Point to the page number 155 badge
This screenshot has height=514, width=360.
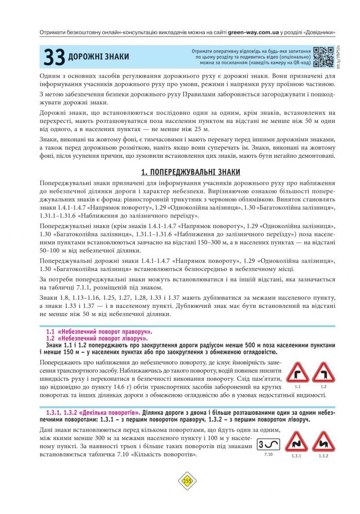[x=187, y=481]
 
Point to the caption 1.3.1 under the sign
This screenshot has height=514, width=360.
[x=296, y=456]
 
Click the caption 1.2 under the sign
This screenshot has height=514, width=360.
[x=323, y=386]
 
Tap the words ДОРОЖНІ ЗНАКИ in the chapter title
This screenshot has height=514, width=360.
[x=98, y=56]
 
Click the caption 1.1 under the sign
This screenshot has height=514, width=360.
[x=298, y=386]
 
